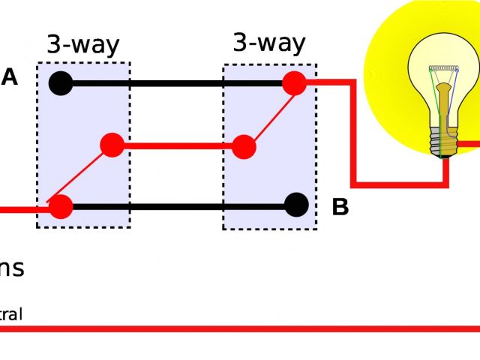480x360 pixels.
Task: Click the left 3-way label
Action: (82, 45)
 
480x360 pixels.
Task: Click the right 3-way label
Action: (269, 43)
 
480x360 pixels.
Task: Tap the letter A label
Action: (10, 77)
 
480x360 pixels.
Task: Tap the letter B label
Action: (340, 207)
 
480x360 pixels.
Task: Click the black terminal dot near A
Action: (61, 82)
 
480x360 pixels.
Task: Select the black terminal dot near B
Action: (297, 205)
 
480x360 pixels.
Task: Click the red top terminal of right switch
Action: (295, 83)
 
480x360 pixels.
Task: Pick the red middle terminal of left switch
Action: (112, 145)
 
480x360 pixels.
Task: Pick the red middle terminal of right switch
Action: (244, 146)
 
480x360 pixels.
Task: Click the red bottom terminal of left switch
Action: (61, 207)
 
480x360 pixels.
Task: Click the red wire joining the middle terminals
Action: (178, 146)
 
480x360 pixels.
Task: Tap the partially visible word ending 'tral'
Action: (11, 314)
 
